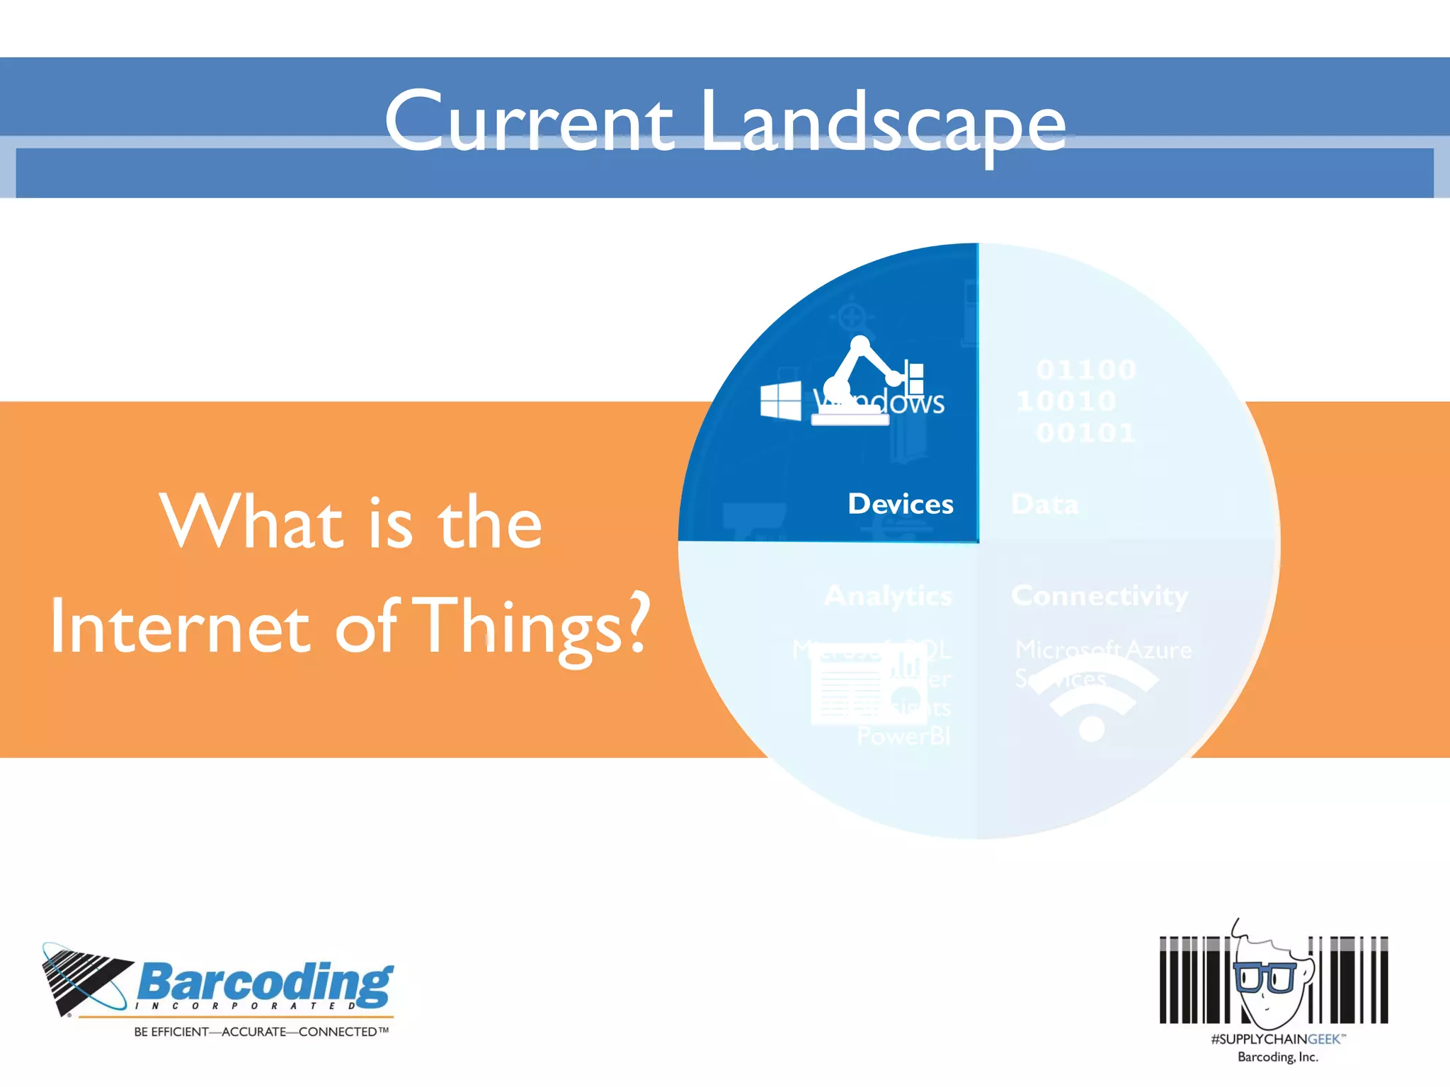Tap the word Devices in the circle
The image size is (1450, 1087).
click(x=901, y=504)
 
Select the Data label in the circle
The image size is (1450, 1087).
click(x=1044, y=505)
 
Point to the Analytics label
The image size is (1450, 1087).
click(x=888, y=596)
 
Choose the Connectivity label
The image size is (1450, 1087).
click(x=1100, y=596)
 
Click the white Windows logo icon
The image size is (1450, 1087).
click(x=780, y=401)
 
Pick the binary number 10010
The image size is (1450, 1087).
click(x=1066, y=401)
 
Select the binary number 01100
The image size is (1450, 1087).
click(x=1085, y=369)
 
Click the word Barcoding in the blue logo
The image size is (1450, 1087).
click(x=265, y=983)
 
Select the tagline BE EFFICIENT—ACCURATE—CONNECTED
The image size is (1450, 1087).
click(x=261, y=1032)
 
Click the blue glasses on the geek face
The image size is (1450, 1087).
click(x=1265, y=977)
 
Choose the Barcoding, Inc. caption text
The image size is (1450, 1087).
click(x=1278, y=1057)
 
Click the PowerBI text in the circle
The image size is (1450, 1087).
click(x=903, y=737)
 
